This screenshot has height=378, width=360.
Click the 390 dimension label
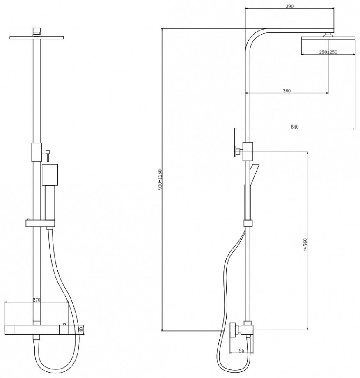point(289,6)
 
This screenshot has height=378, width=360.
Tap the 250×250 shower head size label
point(328,52)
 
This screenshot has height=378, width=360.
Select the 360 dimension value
point(287,91)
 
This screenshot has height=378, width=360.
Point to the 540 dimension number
point(294,127)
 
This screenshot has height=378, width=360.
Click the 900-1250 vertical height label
point(161,179)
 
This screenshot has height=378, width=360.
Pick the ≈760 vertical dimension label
point(305,245)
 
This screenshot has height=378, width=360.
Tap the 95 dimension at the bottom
point(241,350)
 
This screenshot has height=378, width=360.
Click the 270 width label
point(36,300)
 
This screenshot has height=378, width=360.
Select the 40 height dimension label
point(81,329)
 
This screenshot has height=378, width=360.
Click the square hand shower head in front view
point(50,175)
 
